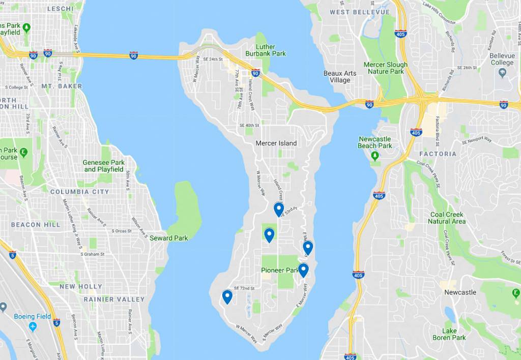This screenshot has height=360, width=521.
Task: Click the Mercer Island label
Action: (276, 143)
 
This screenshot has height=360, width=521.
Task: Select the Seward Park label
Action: (168, 238)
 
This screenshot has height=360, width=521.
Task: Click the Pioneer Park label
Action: (279, 270)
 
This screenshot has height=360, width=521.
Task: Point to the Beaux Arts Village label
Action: (340, 77)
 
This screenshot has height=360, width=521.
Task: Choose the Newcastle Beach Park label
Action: (375, 142)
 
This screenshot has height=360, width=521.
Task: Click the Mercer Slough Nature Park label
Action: (385, 68)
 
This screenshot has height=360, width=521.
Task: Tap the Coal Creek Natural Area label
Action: (447, 218)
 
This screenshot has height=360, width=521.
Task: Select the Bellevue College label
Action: (502, 59)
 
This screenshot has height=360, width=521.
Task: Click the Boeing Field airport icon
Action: (33, 326)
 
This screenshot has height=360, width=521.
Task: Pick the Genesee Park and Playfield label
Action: (104, 166)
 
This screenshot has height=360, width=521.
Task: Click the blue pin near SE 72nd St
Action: (227, 296)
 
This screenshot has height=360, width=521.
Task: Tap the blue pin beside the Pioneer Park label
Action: (303, 269)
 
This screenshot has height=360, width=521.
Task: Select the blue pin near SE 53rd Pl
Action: (278, 209)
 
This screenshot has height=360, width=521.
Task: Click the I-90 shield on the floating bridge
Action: (133, 55)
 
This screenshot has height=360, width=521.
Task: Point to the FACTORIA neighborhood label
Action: (438, 154)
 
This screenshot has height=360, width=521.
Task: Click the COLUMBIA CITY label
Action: (79, 192)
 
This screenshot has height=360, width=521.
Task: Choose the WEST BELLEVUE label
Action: (359, 12)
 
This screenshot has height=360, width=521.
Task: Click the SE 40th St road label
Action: (249, 126)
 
